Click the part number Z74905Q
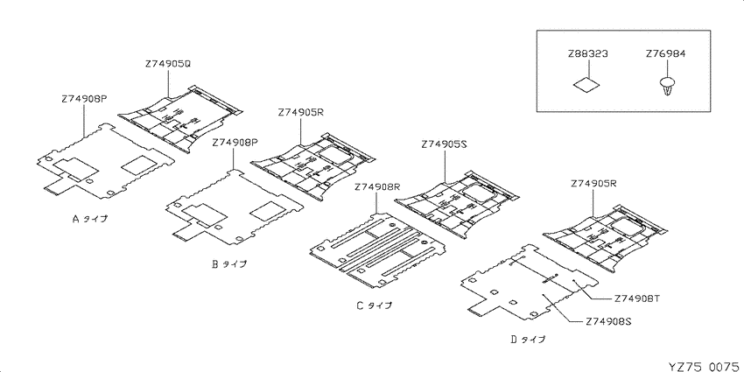tap(168, 63)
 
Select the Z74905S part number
tap(444, 145)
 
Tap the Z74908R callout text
tap(377, 187)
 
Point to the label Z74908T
tap(636, 298)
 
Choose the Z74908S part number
tap(607, 321)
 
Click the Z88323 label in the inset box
tap(587, 54)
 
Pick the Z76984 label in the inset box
tap(665, 54)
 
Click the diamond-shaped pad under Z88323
tap(586, 85)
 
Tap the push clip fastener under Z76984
tap(665, 86)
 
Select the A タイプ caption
tap(89, 219)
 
